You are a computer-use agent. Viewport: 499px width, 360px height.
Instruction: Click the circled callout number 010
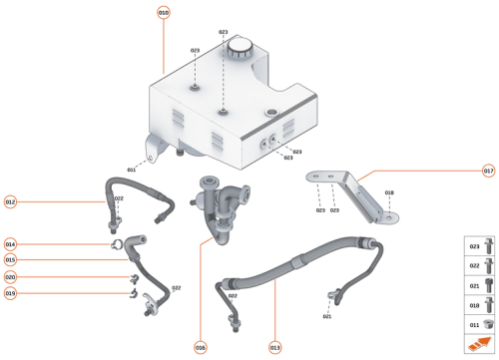pos(164,12)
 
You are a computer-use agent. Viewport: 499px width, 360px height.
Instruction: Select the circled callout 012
pos(11,201)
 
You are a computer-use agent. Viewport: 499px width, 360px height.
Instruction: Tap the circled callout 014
pos(11,244)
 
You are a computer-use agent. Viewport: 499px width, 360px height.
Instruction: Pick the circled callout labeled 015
pos(11,260)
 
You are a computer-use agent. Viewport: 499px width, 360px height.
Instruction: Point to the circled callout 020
pos(11,277)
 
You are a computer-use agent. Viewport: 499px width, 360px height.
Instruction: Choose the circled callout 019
pos(11,293)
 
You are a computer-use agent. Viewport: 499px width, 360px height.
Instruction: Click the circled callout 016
pos(201,348)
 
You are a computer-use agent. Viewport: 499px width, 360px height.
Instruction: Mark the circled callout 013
pos(274,348)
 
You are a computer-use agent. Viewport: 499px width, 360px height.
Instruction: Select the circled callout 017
pos(488,171)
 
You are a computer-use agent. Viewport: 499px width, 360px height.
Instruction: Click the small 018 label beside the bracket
pos(389,192)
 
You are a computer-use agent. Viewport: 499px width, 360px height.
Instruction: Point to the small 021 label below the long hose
pos(326,316)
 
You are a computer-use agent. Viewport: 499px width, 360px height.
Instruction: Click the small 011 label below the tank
pos(132,170)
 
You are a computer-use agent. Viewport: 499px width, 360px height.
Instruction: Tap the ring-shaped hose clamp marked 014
pos(117,244)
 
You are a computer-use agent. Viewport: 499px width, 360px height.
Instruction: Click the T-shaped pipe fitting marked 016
pos(222,204)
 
